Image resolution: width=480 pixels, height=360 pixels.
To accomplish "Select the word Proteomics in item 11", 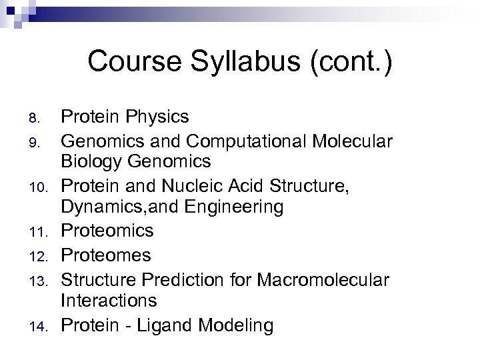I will tap(107, 231).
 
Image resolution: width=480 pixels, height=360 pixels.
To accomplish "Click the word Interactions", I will tap(109, 301).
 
